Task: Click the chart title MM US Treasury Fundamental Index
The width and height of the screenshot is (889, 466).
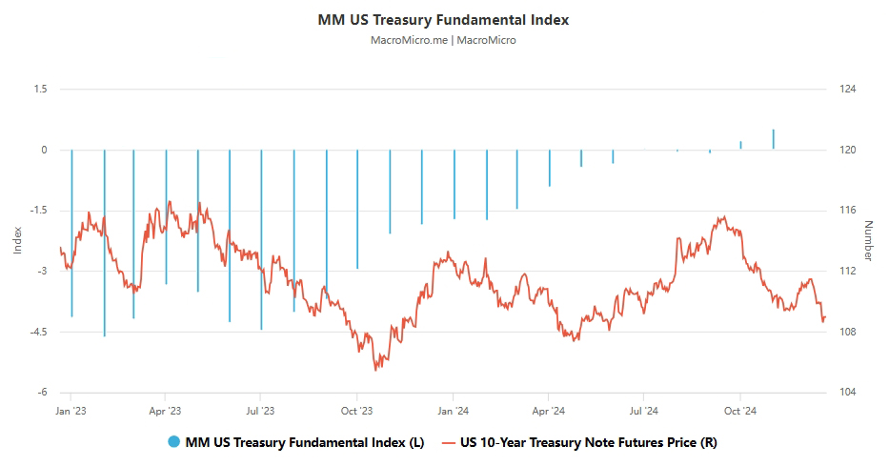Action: point(443,20)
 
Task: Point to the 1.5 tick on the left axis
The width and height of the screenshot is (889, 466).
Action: point(39,89)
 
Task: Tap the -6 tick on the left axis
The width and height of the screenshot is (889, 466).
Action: point(42,392)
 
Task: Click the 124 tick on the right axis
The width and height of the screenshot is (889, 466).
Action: point(848,89)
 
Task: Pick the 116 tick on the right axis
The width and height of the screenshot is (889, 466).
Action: point(848,210)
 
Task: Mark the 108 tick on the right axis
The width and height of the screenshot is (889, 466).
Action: point(848,332)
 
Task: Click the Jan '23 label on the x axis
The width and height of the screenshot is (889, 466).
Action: point(71,412)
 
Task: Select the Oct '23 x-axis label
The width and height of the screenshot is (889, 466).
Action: point(356,412)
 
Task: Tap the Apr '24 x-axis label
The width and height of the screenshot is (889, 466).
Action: point(549,412)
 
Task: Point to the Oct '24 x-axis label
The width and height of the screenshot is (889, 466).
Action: point(740,412)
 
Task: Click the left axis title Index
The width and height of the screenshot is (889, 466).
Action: point(17,240)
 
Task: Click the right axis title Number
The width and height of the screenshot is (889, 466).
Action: point(868,240)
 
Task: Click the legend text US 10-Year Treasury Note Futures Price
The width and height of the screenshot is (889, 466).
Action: point(587,442)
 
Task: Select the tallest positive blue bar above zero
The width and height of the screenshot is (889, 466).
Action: point(773,139)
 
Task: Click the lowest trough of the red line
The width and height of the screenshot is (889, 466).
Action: point(375,369)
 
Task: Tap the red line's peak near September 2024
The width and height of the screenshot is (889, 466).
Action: point(725,217)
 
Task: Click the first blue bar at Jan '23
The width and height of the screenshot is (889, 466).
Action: point(71,233)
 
